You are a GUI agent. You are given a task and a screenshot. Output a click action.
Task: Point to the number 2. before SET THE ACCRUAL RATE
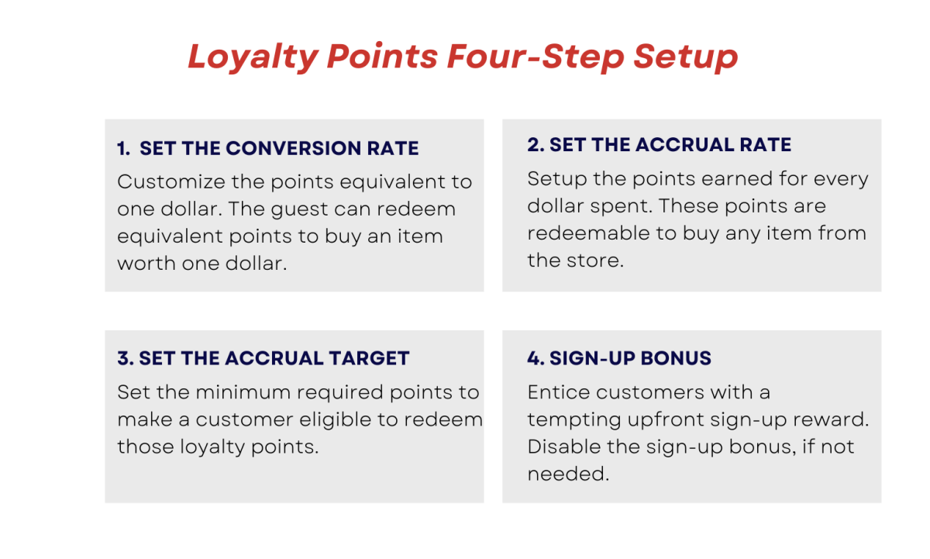(536, 145)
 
